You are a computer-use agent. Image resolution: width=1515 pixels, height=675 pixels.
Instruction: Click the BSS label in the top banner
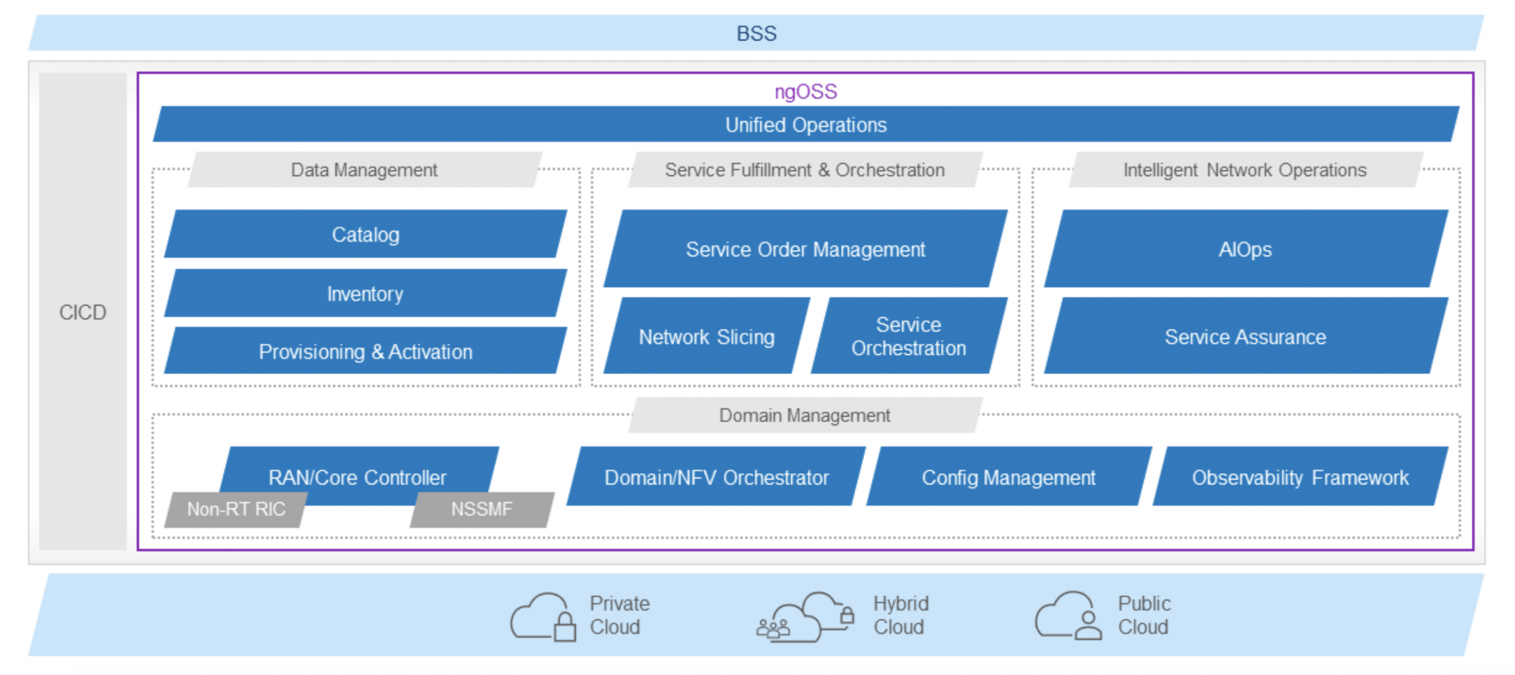click(x=756, y=33)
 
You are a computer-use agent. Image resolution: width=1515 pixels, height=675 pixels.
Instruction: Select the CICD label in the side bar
click(x=83, y=312)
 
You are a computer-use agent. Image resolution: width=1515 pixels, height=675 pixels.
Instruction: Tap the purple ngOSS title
click(x=806, y=92)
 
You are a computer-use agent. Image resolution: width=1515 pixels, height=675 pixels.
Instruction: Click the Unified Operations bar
click(x=806, y=124)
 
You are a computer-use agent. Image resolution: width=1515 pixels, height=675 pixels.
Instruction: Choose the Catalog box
click(x=365, y=234)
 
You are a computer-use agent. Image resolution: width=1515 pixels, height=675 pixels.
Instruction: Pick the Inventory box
click(x=365, y=294)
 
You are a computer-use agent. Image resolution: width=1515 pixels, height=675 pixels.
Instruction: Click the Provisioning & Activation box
click(x=365, y=351)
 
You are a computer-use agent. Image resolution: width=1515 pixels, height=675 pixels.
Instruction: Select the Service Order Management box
click(x=806, y=249)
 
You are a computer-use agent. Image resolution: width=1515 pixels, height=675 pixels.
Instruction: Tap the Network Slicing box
click(x=706, y=336)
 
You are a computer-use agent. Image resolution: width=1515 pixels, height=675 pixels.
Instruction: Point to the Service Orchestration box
click(x=909, y=336)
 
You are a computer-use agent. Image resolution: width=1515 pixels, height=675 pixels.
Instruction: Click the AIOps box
click(x=1246, y=249)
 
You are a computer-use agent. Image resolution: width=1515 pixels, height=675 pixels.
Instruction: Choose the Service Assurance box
click(x=1246, y=336)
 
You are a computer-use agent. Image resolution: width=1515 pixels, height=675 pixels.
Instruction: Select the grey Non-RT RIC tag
click(x=236, y=509)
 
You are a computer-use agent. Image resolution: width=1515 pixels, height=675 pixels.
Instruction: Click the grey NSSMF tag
click(x=482, y=509)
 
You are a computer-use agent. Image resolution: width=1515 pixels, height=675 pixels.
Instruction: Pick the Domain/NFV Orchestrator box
click(x=716, y=477)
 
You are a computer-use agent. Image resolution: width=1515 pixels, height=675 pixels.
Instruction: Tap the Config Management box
click(x=1009, y=477)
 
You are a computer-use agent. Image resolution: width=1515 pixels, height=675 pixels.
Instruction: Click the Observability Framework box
click(x=1300, y=477)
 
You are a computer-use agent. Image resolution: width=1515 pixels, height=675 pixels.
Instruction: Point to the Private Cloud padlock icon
click(x=565, y=627)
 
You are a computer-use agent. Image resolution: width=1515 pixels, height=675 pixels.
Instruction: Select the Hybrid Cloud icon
click(x=805, y=617)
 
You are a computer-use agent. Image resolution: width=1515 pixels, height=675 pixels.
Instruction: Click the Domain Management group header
click(x=806, y=415)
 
